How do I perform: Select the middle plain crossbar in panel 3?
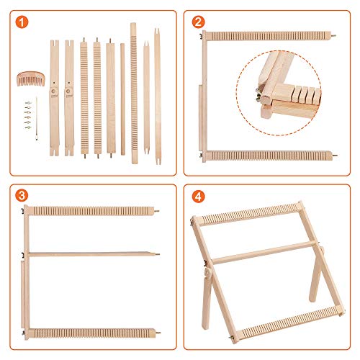click(90, 253)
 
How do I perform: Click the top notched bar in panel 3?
click(90, 210)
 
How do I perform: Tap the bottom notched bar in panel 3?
click(90, 333)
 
